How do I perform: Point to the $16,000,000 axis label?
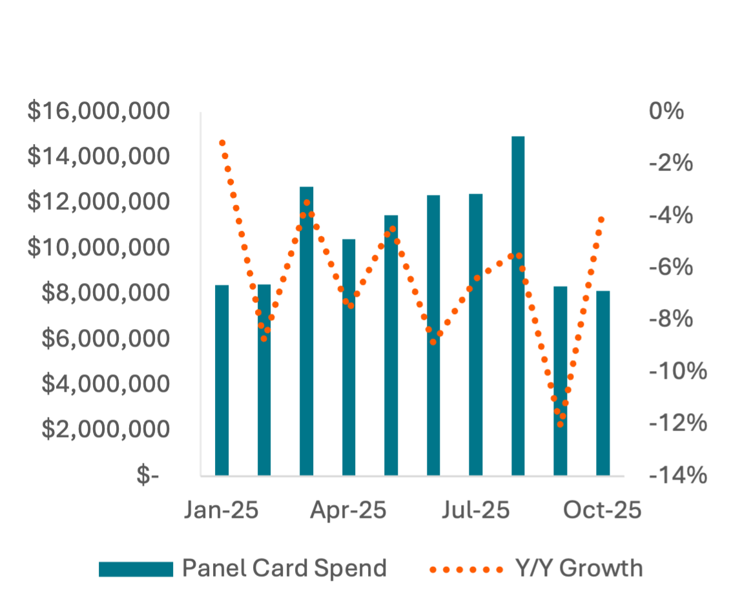(x=99, y=111)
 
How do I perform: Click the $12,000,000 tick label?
(x=99, y=202)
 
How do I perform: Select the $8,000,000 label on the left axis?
(x=106, y=293)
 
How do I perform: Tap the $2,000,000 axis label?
(x=106, y=429)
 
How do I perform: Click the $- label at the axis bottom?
(x=148, y=476)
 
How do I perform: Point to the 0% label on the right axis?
(x=666, y=111)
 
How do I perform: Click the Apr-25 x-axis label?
(x=348, y=511)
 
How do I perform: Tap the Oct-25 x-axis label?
(x=602, y=511)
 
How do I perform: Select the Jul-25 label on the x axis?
(x=476, y=511)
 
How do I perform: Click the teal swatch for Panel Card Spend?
(x=136, y=569)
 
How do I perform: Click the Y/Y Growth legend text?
(x=579, y=568)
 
